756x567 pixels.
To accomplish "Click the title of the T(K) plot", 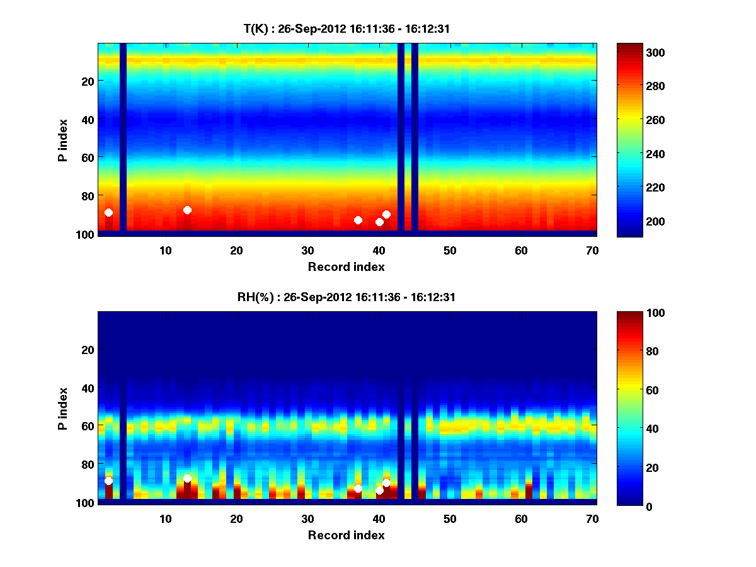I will pos(346,28).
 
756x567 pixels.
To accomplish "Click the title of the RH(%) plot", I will pos(346,297).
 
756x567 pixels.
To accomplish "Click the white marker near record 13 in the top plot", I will pos(187,210).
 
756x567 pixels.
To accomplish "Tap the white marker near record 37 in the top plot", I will pos(358,220).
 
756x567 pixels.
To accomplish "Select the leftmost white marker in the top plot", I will pos(108,212).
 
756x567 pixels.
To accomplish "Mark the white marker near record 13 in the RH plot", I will pos(187,478).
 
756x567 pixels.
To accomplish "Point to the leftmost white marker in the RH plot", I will pos(108,481).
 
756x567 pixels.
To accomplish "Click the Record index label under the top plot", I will pos(346,266).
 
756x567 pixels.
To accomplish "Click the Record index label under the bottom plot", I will pos(346,535).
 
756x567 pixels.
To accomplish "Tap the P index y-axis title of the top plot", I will pos(63,140).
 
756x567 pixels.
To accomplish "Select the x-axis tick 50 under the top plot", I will pos(450,250).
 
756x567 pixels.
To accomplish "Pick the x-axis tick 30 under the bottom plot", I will pos(307,518).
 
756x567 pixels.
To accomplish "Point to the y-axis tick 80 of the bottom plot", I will pos(87,464).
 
